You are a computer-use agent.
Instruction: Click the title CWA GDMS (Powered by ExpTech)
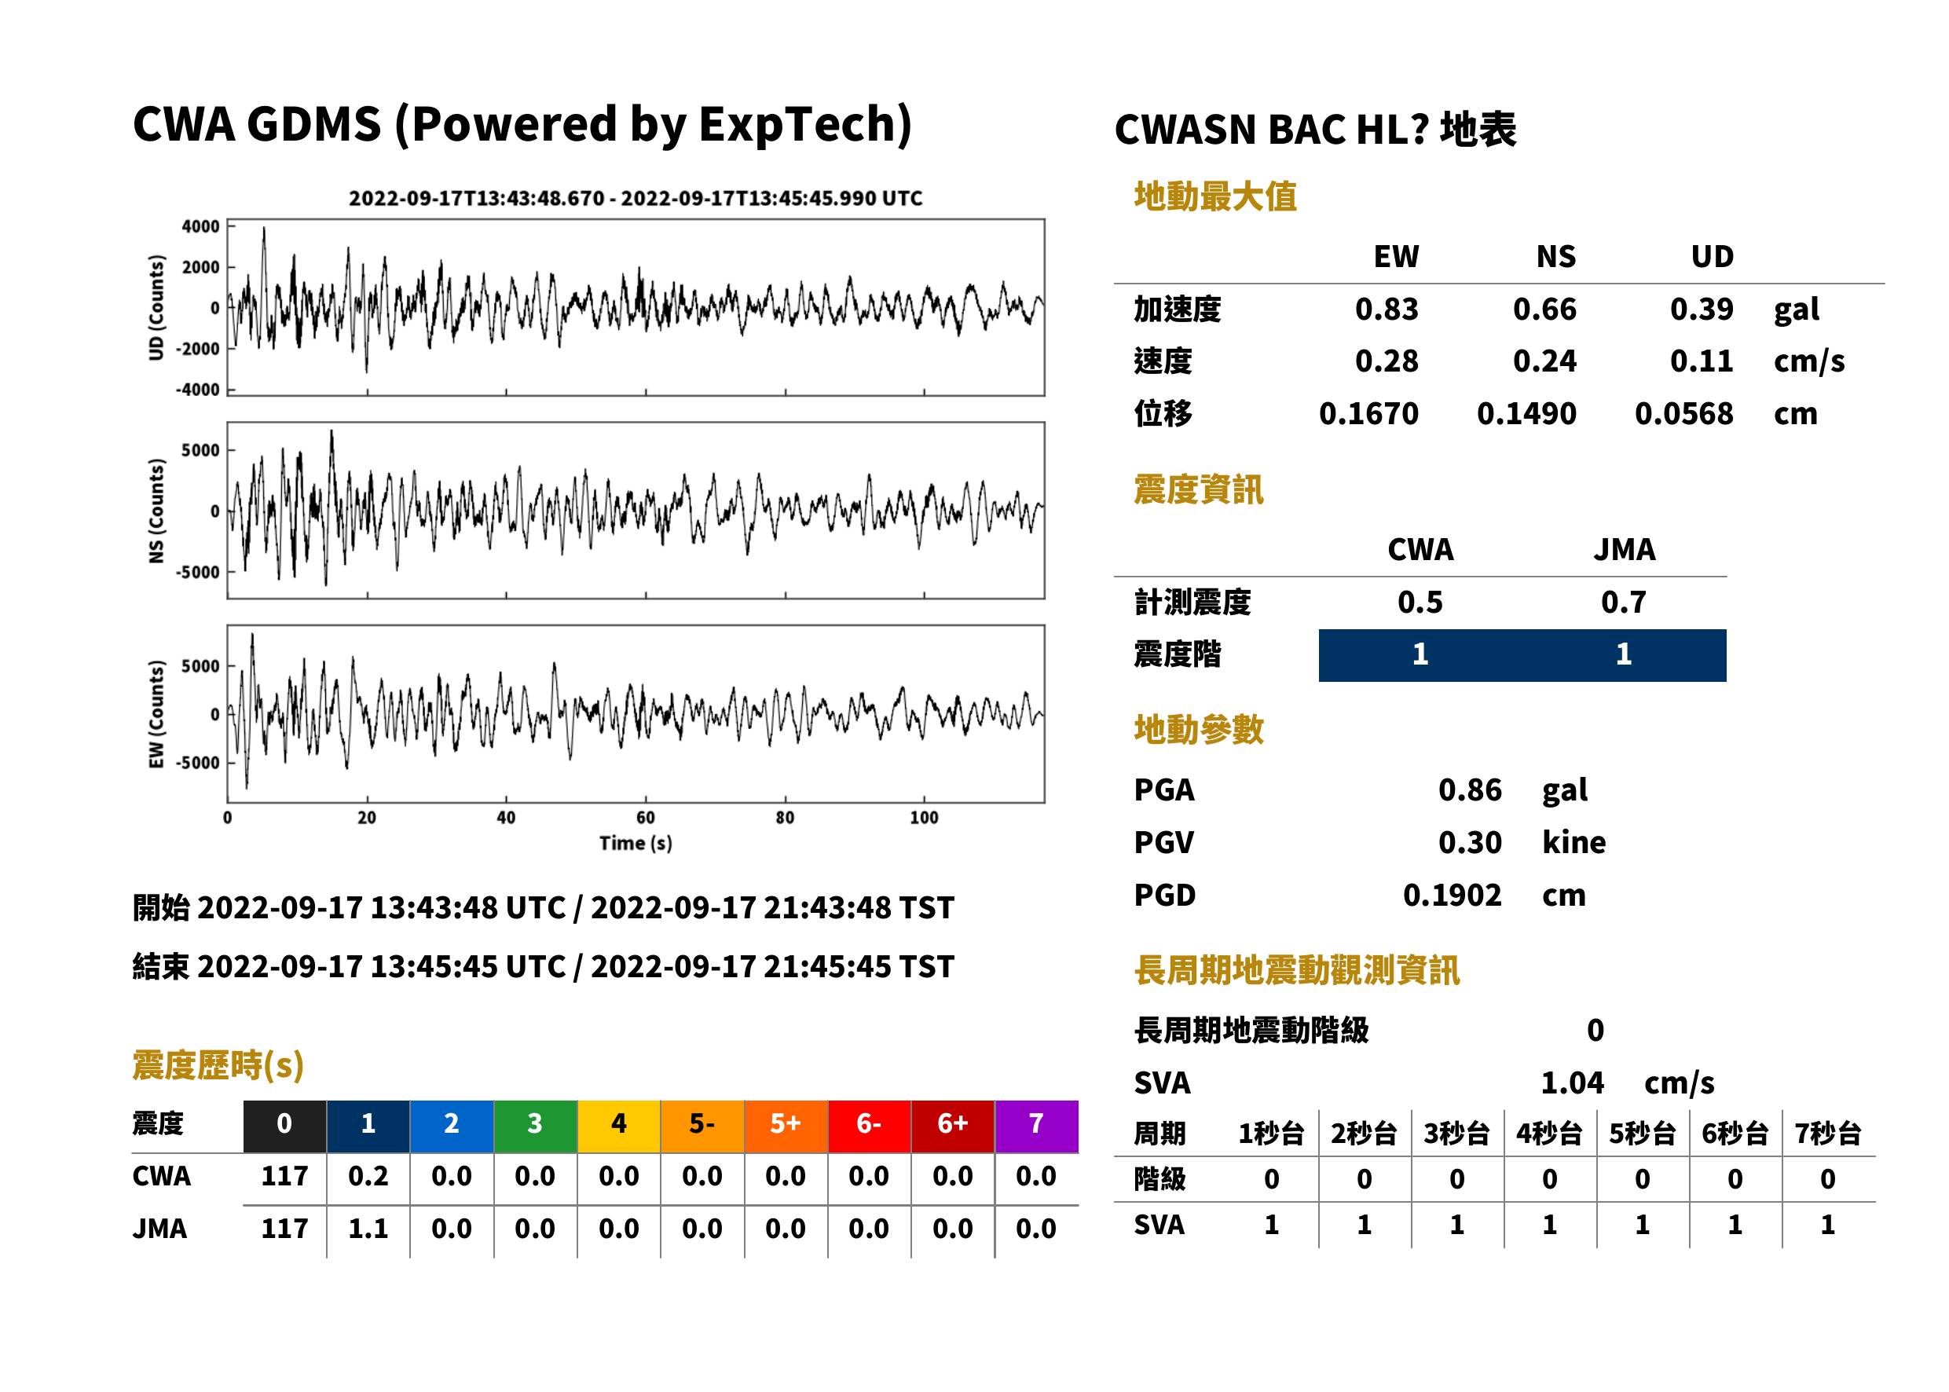[x=522, y=125]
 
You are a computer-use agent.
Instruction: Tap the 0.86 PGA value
[x=1469, y=789]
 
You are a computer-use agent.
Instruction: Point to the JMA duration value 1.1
[x=368, y=1229]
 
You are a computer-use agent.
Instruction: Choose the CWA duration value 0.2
[x=368, y=1176]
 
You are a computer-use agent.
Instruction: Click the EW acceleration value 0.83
[x=1386, y=309]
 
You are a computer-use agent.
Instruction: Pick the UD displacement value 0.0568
[x=1683, y=414]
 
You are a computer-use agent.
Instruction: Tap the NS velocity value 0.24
[x=1544, y=361]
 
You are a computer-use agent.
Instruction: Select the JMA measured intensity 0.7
[x=1623, y=603]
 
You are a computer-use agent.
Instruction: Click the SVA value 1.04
[x=1572, y=1083]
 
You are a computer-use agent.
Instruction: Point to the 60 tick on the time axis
[x=646, y=818]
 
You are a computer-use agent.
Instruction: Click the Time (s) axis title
[x=636, y=844]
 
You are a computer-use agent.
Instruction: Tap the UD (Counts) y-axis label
[x=156, y=307]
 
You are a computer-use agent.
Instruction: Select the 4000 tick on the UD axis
[x=200, y=226]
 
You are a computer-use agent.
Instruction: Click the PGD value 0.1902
[x=1452, y=895]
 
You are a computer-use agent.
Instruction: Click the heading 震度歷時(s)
[x=218, y=1065]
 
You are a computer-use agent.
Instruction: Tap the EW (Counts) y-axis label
[x=156, y=714]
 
